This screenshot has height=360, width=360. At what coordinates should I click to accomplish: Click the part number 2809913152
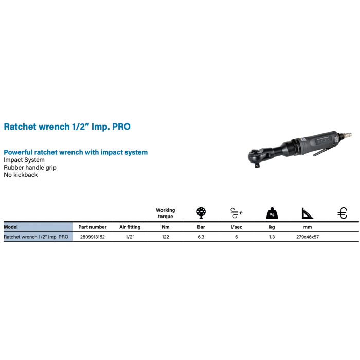[92, 237]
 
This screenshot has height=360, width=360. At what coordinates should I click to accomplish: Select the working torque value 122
[165, 237]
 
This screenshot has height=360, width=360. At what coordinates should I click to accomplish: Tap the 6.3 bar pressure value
[201, 237]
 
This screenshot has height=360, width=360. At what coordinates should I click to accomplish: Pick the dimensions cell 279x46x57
[308, 237]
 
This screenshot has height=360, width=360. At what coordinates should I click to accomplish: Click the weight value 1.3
[272, 237]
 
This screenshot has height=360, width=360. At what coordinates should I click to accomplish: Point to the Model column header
[11, 227]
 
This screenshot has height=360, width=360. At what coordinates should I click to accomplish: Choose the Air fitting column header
[130, 227]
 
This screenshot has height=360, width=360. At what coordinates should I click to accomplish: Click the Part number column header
[93, 227]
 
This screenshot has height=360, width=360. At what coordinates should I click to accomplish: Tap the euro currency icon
[342, 213]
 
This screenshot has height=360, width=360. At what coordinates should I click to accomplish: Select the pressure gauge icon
[201, 213]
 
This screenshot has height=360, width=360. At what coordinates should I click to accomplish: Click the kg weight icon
[272, 213]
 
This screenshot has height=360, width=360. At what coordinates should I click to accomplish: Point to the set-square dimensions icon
[307, 213]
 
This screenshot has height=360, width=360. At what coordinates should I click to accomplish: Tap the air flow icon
[237, 213]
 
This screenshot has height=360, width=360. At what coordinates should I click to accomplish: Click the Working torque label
[165, 213]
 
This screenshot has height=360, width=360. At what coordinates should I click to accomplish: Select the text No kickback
[21, 175]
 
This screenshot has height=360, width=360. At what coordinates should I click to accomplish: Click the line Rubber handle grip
[30, 168]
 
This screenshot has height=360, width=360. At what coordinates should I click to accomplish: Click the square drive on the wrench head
[257, 165]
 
